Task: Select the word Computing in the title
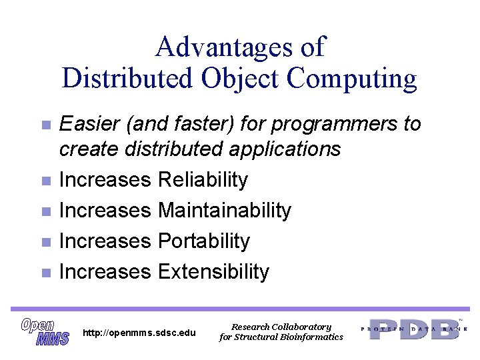pyautogui.click(x=352, y=78)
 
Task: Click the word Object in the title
pyautogui.click(x=240, y=78)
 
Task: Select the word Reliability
pyautogui.click(x=203, y=179)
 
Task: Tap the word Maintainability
pyautogui.click(x=225, y=210)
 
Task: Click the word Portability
pyautogui.click(x=203, y=241)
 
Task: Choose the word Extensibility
pyautogui.click(x=213, y=271)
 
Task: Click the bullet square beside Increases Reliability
pyautogui.click(x=45, y=181)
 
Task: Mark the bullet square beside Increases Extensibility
pyautogui.click(x=45, y=273)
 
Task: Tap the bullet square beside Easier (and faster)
pyautogui.click(x=45, y=125)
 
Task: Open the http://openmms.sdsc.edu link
pyautogui.click(x=139, y=333)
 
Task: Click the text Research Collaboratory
pyautogui.click(x=281, y=327)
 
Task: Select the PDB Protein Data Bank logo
pyautogui.click(x=414, y=329)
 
